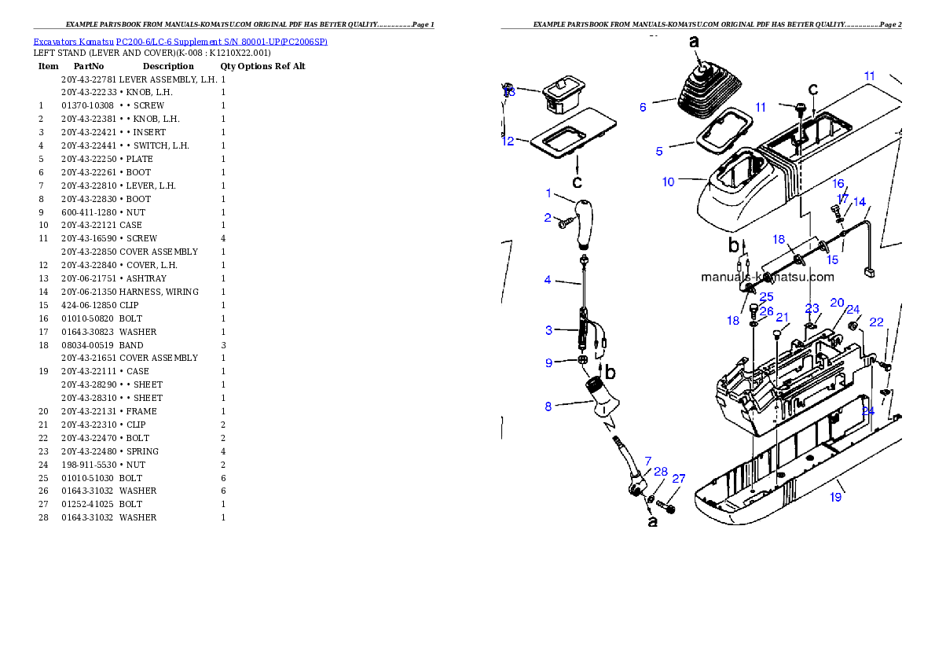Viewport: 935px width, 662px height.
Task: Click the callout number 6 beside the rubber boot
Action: (x=643, y=107)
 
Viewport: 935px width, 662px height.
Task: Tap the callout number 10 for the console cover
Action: (x=668, y=182)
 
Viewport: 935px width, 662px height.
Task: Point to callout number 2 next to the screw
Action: (x=548, y=218)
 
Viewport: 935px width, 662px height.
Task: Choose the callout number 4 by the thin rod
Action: (x=548, y=280)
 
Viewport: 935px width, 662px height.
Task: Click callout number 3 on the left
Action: (x=549, y=331)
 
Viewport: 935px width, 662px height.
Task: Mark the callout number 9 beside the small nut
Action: (x=549, y=362)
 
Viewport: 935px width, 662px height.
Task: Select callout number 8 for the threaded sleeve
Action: (x=548, y=406)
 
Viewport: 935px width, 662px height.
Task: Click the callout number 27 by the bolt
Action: (x=679, y=478)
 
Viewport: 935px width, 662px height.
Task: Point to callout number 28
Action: (x=661, y=472)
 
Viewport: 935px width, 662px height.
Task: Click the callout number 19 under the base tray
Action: (x=836, y=497)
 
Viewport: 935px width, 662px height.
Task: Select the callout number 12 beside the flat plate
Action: (x=508, y=142)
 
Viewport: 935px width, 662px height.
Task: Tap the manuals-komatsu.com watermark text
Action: (x=767, y=277)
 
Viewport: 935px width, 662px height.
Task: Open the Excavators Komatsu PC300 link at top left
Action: (x=180, y=41)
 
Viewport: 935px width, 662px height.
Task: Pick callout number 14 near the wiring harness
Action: (x=860, y=202)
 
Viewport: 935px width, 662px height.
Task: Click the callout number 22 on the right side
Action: (x=876, y=322)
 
